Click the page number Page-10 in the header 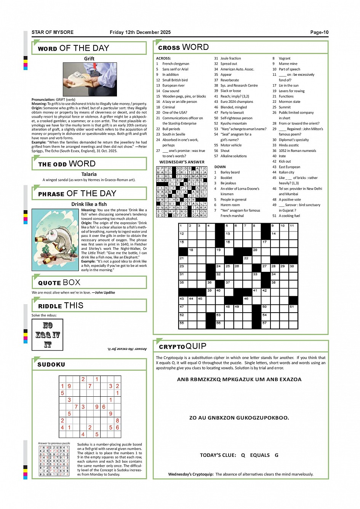[319, 32]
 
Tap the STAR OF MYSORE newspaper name [53, 32]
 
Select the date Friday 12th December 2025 [140, 32]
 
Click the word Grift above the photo [89, 59]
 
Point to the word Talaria [89, 174]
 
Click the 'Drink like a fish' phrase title [89, 204]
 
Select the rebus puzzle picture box [47, 335]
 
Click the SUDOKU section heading [51, 365]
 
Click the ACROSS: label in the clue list [163, 58]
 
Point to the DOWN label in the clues [220, 167]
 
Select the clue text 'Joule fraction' [230, 58]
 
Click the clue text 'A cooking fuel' [289, 216]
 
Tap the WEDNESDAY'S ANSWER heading [182, 162]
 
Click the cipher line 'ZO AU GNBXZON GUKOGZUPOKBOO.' [239, 418]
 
